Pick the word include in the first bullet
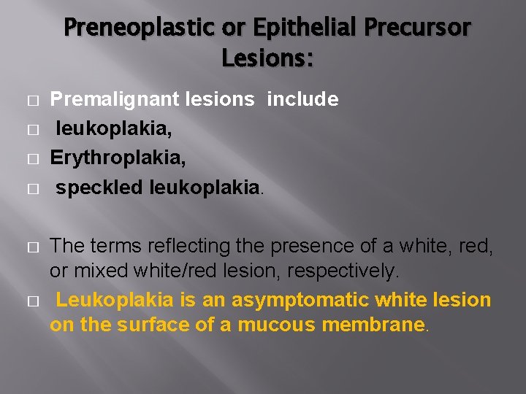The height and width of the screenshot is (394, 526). click(302, 99)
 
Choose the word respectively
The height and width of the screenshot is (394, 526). click(343, 271)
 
